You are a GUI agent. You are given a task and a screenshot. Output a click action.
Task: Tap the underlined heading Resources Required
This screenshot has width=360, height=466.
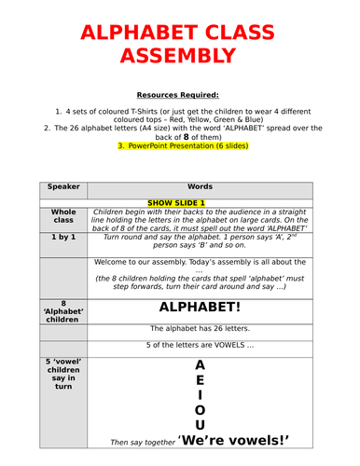coord(180,95)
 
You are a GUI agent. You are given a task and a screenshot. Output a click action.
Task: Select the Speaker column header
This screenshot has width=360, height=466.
coord(64,185)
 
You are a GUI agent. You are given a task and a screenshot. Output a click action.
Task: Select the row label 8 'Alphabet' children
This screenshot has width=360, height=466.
coord(64,311)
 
